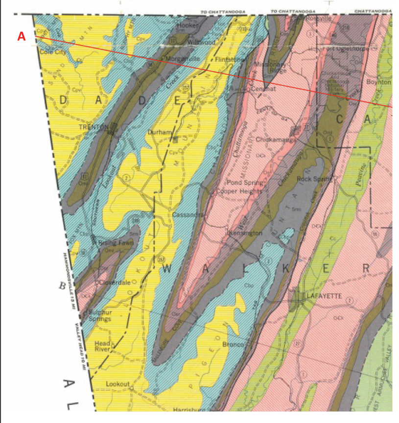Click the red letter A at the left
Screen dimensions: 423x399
click(21, 37)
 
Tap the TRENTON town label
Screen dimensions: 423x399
click(93, 127)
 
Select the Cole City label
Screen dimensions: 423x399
click(53, 51)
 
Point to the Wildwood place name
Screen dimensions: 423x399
click(201, 43)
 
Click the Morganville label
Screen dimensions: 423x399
click(184, 59)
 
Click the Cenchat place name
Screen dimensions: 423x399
click(264, 89)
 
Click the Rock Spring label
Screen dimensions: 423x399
click(314, 179)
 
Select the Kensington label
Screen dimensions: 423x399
click(246, 234)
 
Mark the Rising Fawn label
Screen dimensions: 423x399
click(116, 242)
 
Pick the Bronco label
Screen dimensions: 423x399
click(233, 345)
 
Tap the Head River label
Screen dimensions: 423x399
click(103, 346)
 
